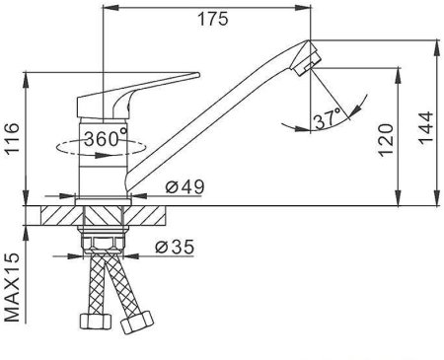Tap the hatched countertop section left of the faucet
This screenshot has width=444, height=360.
point(56,218)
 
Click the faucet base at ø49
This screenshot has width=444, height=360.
point(103,192)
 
